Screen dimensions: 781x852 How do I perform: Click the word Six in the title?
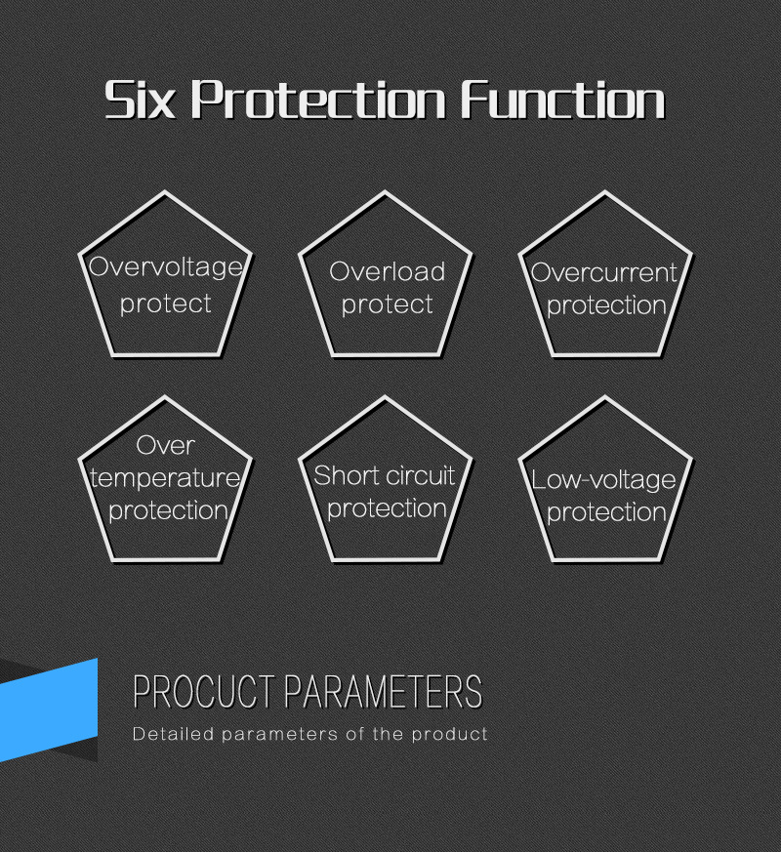141,100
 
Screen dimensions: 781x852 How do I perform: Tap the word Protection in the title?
318,100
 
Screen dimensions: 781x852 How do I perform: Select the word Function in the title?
563,100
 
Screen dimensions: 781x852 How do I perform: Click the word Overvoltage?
166,267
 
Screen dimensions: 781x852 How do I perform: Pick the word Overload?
387,271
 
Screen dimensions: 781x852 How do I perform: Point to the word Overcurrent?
604,272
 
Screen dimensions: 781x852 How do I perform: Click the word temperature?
165,479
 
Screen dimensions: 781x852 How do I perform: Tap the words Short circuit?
385,476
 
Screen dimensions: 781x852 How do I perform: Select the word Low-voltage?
603,481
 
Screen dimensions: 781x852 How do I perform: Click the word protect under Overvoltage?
166,304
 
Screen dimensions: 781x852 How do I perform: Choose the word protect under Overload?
387,304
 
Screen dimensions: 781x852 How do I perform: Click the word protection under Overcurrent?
606,305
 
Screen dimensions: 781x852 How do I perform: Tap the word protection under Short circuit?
387,508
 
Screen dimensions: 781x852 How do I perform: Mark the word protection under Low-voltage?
606,512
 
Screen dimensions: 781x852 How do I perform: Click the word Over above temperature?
165,446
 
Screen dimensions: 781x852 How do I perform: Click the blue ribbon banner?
49,710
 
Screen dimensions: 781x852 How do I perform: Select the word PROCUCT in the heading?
204,692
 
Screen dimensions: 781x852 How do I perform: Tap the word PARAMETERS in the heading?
383,692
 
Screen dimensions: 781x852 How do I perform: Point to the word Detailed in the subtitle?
173,734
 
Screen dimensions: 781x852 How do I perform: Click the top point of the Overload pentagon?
386,192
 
